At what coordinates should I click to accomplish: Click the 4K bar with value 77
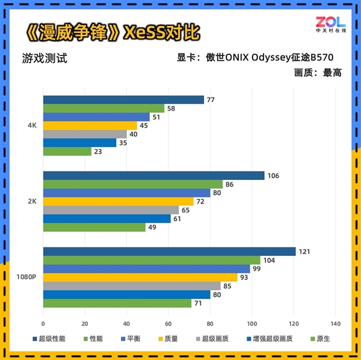(x=123, y=100)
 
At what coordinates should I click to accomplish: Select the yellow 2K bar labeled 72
(x=118, y=201)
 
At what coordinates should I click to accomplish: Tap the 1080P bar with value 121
(x=169, y=251)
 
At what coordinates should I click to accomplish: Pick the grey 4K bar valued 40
(x=85, y=134)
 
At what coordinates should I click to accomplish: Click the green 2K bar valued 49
(x=94, y=228)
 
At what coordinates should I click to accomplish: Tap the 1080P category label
(x=28, y=277)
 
